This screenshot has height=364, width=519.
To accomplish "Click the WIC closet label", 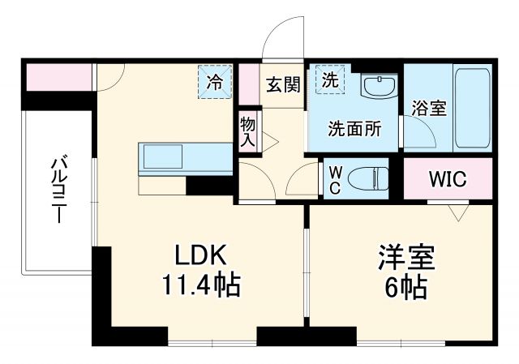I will click(x=447, y=179).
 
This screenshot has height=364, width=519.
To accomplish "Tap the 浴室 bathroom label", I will click(x=429, y=109).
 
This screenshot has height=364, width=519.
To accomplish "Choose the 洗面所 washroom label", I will click(x=351, y=128).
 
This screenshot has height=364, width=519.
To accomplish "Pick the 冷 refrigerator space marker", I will click(x=215, y=82).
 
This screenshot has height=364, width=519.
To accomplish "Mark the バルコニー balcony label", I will click(x=59, y=191).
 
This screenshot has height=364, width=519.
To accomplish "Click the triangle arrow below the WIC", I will click(x=459, y=213).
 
